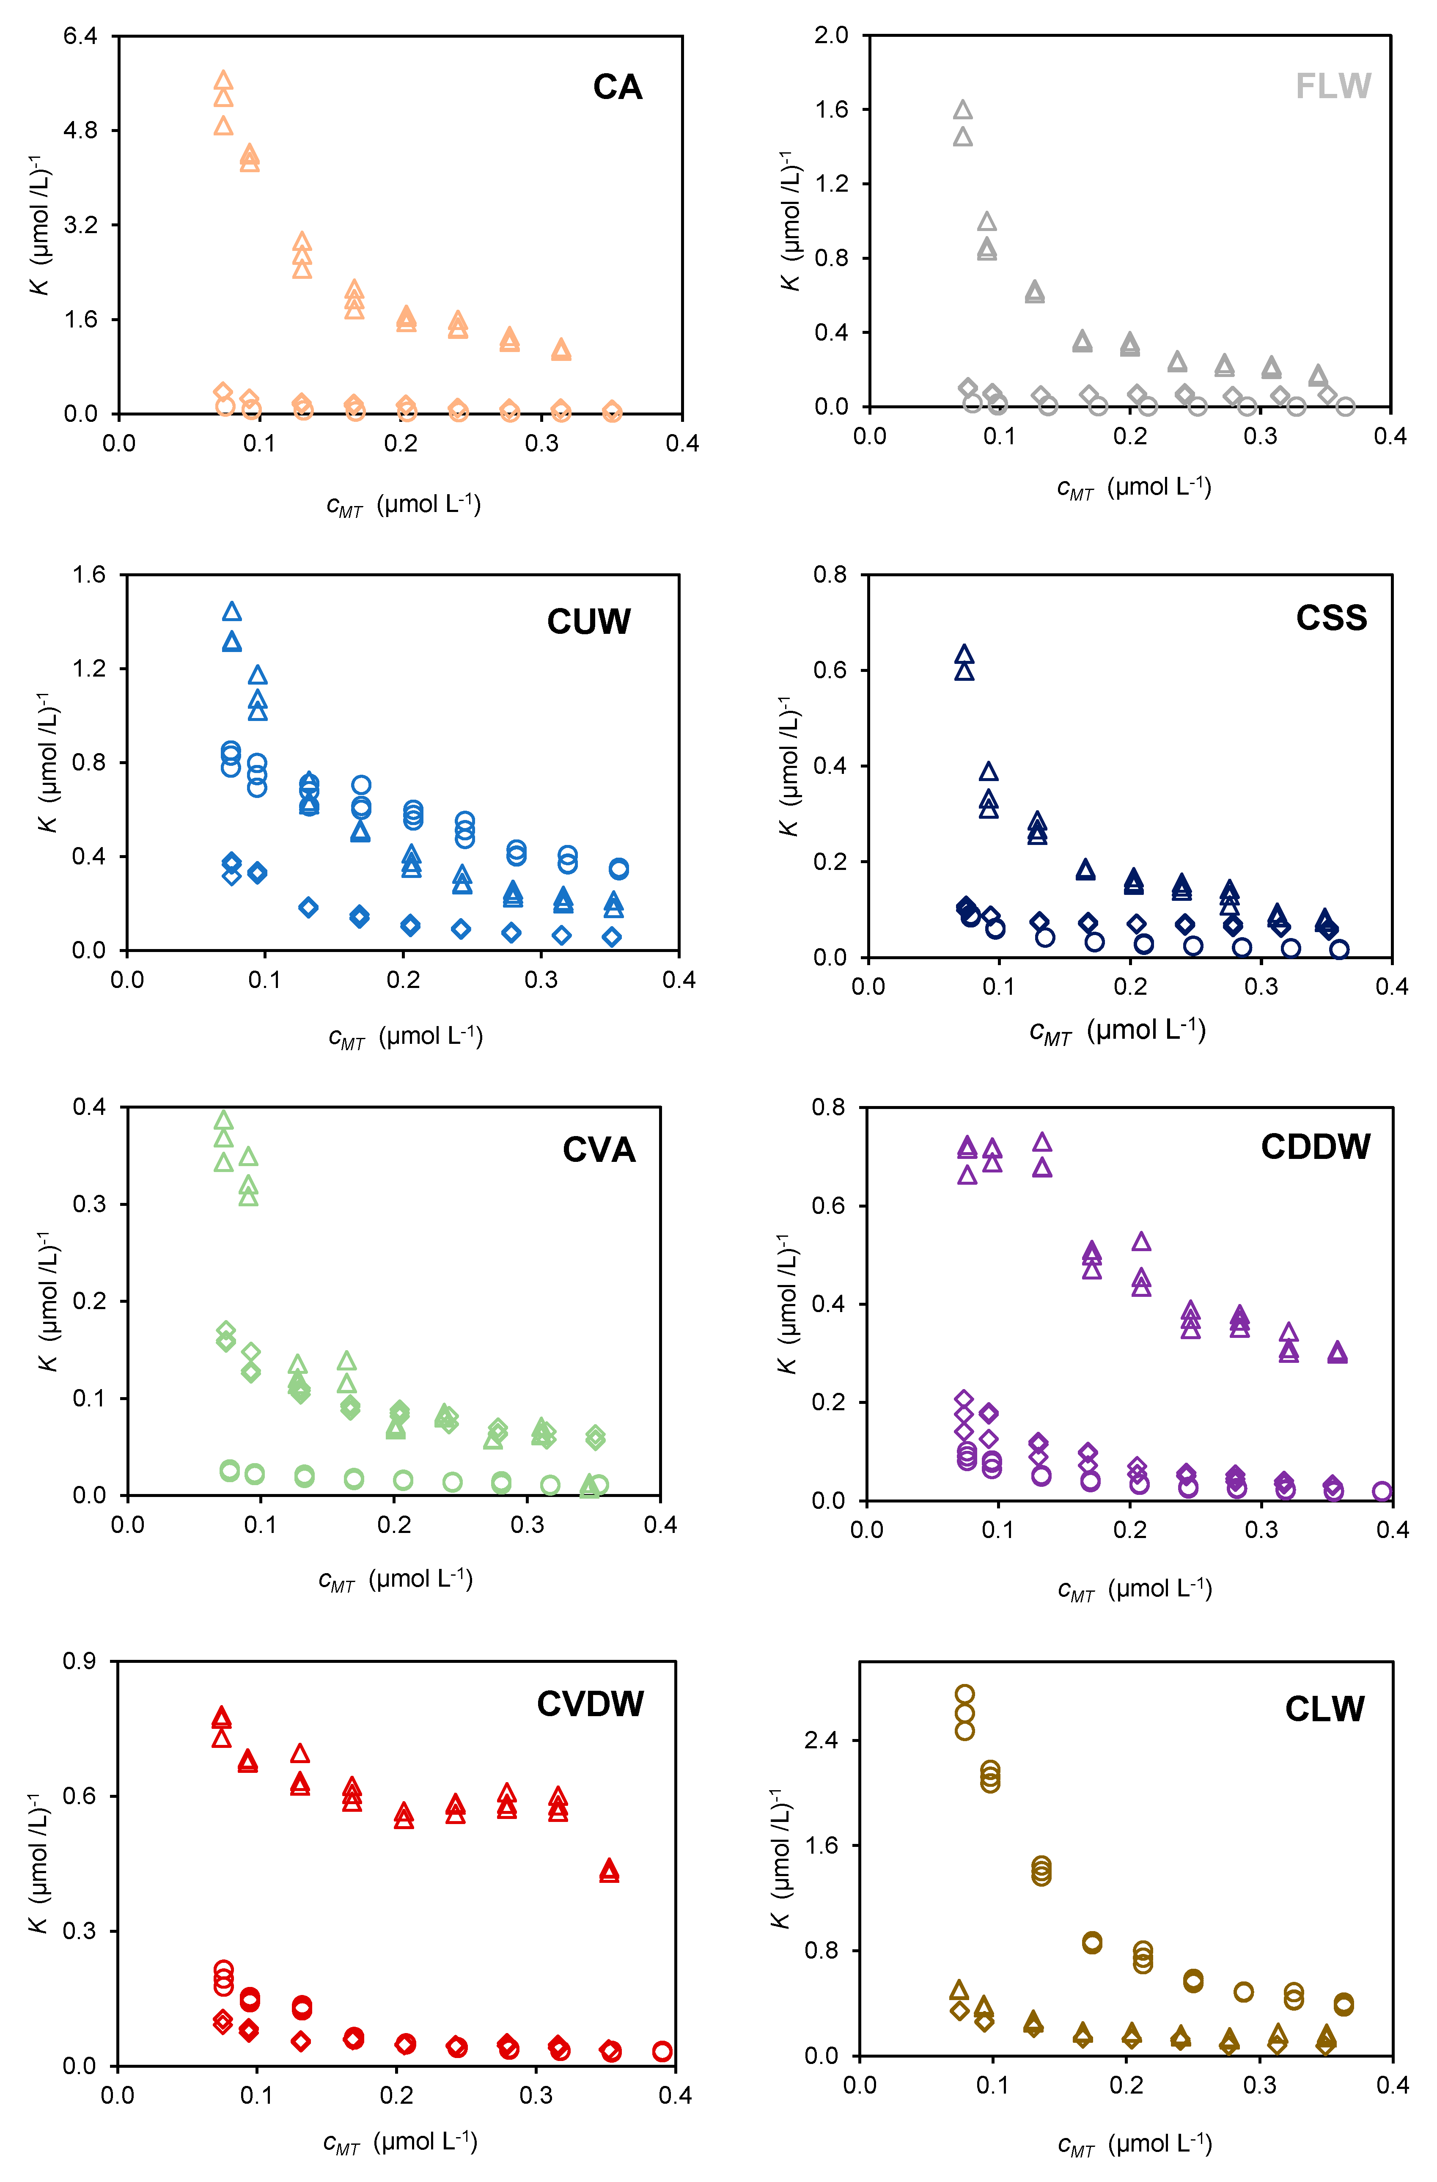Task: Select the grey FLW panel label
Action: click(1333, 86)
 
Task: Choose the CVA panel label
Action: click(599, 1150)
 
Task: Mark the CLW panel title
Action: click(1324, 1709)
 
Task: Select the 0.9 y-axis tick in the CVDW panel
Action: click(80, 1661)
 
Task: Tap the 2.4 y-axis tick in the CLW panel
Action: click(821, 1740)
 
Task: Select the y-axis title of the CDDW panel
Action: click(786, 1304)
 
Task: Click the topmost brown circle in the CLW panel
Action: click(964, 1694)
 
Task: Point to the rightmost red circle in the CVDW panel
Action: click(662, 2052)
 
